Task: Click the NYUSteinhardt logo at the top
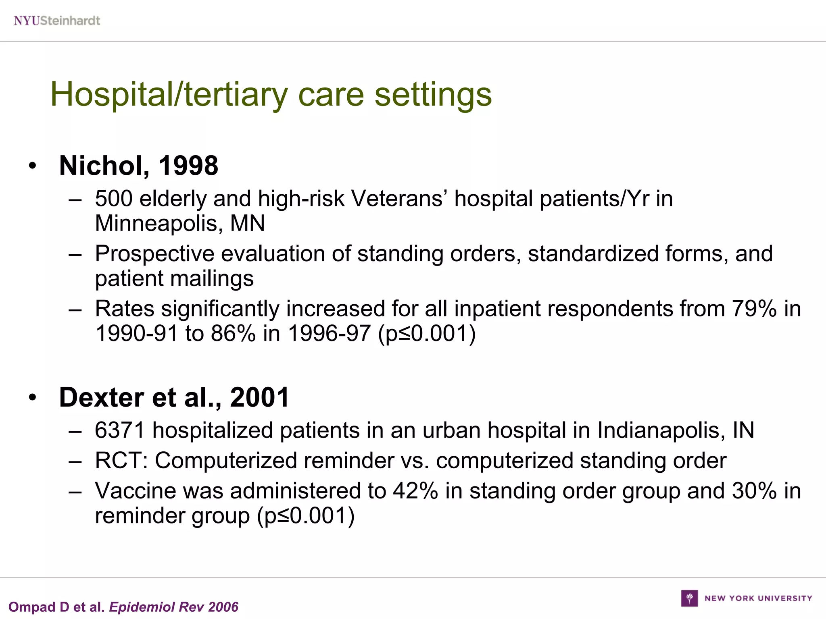57,21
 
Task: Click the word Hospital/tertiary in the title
169,95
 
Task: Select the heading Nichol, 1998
138,166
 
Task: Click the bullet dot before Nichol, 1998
33,166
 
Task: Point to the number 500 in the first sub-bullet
113,199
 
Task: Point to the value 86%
233,334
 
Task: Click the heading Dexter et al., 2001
174,397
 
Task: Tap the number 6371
119,430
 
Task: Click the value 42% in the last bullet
415,491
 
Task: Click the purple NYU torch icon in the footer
689,598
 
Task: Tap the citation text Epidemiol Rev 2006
174,607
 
